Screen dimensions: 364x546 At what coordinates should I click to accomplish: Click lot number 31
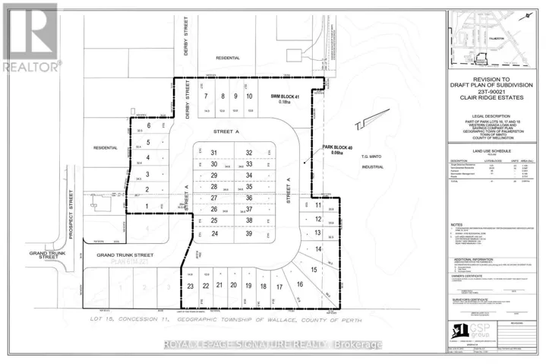click(215, 153)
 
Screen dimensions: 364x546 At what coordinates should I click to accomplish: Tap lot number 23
click(191, 286)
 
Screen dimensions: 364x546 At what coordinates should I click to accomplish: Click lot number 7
click(205, 97)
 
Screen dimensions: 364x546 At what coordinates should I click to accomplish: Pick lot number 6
click(149, 125)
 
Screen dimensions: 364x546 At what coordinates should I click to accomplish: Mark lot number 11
click(319, 205)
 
